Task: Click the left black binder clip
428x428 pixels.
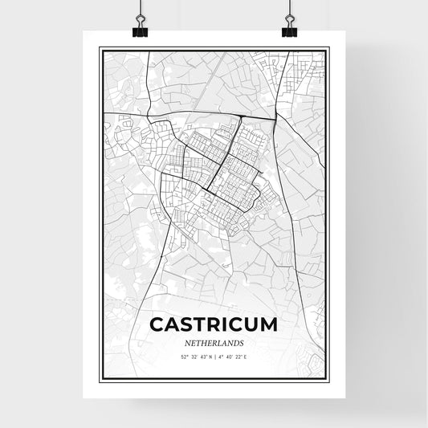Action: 141,30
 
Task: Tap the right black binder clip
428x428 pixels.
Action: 288,30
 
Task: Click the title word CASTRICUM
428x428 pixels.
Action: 214,324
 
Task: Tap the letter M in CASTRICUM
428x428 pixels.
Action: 268,324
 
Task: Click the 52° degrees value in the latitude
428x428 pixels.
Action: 184,356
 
